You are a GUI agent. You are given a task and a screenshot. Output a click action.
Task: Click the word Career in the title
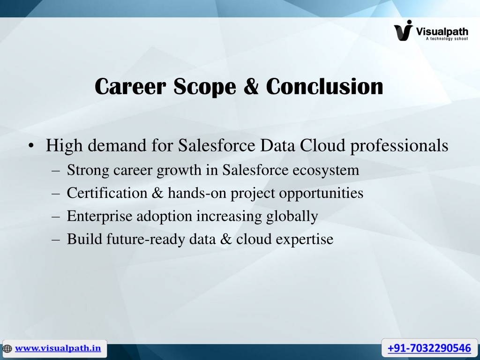[130, 86]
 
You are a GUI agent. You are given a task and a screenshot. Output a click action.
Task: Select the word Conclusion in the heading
[324, 86]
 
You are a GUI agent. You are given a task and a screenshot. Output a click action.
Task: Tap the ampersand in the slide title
[251, 86]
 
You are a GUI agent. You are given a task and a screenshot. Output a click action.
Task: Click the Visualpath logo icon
[404, 30]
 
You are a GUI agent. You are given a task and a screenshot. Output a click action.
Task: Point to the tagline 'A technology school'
[447, 38]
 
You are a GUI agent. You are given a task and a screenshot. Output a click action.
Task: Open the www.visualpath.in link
[58, 348]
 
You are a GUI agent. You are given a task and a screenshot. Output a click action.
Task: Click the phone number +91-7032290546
[429, 348]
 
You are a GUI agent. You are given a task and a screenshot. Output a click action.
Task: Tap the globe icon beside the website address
[7, 348]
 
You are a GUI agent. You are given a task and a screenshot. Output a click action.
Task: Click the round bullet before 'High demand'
[31, 146]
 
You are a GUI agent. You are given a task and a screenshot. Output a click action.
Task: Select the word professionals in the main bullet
[399, 146]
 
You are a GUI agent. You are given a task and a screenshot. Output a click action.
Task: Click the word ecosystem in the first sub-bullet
[325, 170]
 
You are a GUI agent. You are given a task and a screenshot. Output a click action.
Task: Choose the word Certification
[107, 193]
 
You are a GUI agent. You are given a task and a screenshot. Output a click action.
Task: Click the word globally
[292, 217]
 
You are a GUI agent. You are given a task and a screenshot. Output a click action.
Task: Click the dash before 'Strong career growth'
[56, 171]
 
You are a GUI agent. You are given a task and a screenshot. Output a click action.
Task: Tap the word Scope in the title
[205, 87]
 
